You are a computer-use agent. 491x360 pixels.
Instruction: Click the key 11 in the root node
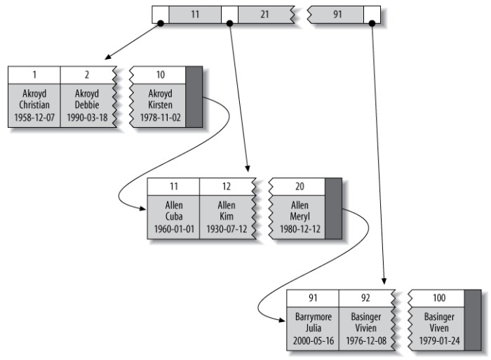[x=194, y=13]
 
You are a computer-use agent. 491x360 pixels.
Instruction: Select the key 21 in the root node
[x=264, y=13]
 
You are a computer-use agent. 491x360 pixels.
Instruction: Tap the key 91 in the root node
[x=337, y=13]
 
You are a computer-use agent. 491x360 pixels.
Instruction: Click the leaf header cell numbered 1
[x=34, y=74]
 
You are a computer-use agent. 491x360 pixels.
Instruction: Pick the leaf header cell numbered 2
[x=87, y=74]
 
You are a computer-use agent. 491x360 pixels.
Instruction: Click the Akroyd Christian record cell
[x=34, y=105]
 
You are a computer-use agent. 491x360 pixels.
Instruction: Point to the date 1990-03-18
[x=87, y=119]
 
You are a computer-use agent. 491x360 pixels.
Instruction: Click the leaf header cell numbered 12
[x=226, y=186]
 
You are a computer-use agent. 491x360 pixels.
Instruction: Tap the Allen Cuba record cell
[x=173, y=217]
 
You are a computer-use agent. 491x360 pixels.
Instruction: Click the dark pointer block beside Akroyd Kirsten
[x=194, y=97]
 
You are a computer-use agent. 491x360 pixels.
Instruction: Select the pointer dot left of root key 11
[x=161, y=23]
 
